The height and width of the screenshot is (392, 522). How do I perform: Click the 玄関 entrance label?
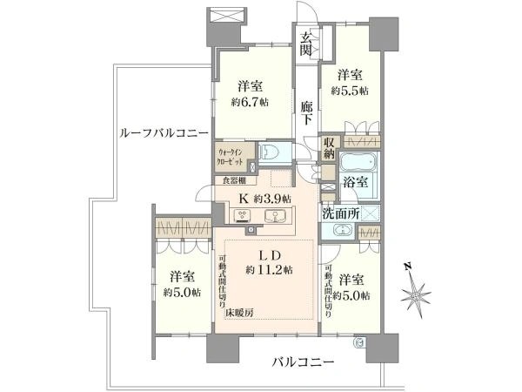coord(309,44)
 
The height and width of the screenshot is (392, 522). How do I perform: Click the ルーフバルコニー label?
coord(164,133)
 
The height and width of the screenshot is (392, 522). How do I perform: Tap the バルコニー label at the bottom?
coord(302,361)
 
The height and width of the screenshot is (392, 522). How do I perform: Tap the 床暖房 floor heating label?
coord(241,311)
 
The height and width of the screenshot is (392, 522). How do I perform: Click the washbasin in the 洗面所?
coord(339,231)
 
